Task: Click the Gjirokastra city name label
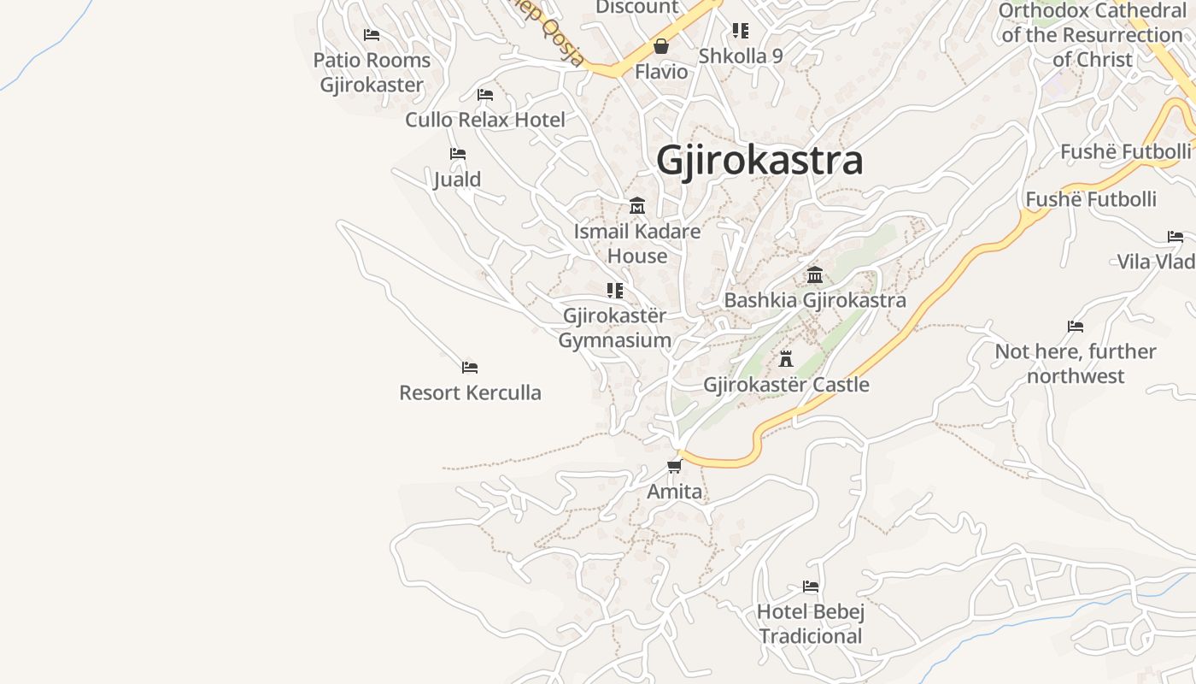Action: [759, 161]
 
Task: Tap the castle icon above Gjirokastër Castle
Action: [786, 359]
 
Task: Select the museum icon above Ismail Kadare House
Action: [637, 206]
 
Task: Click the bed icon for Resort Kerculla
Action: [470, 368]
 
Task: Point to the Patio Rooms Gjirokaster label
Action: [372, 73]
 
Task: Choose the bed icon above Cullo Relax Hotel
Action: [485, 94]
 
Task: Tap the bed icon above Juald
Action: [458, 154]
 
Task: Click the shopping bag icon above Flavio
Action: [661, 46]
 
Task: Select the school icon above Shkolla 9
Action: [741, 31]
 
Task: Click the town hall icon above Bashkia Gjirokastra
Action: [815, 275]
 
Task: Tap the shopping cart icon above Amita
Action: [675, 466]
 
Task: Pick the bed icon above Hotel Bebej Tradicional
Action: [811, 587]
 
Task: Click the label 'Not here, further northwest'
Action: [1076, 363]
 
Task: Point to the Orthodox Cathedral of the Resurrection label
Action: [1092, 35]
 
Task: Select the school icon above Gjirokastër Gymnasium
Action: [614, 291]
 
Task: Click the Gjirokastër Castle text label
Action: [786, 385]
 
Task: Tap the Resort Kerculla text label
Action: [470, 393]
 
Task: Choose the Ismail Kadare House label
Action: [637, 244]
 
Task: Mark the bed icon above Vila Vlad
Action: [1175, 237]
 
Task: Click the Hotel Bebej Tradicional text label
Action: [811, 624]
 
